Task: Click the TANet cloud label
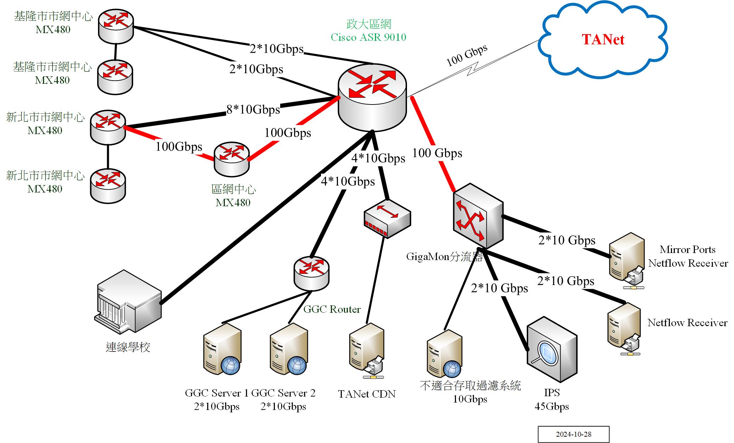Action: point(603,39)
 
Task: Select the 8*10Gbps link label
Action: point(253,109)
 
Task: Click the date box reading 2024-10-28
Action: point(573,434)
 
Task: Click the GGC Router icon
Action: point(311,273)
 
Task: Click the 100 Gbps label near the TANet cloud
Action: point(467,56)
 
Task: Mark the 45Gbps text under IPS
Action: point(551,406)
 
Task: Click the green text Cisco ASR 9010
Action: point(368,37)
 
